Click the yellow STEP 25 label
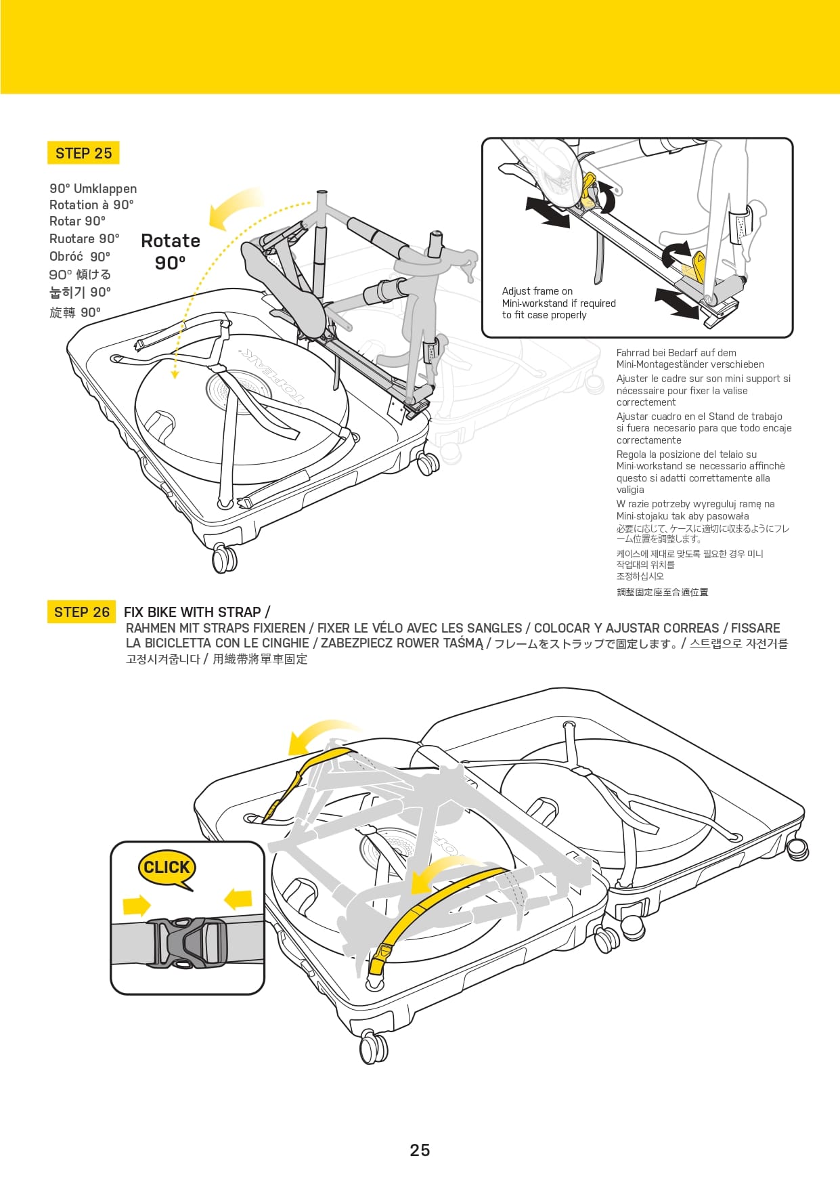pos(83,153)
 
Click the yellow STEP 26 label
pos(81,612)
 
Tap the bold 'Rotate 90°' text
pos(171,251)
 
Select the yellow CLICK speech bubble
pos(167,868)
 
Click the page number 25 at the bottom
pos(420,1150)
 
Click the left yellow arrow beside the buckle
pos(137,905)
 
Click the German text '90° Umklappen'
pos(93,189)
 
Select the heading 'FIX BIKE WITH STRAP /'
pos(197,612)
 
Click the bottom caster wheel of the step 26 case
pos(373,1047)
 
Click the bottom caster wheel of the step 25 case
pos(224,558)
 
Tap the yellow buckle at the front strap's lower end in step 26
pos(377,960)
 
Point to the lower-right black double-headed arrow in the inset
pos(676,303)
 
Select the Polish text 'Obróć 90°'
pos(79,257)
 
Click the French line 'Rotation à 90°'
pos(91,205)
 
